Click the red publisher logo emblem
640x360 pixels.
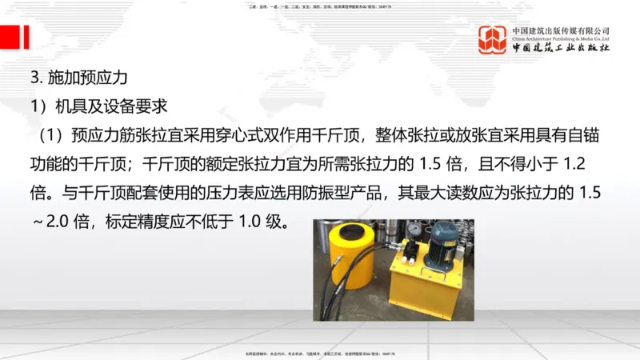[492, 39]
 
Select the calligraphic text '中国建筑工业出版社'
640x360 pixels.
[561, 48]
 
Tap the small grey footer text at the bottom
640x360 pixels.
[320, 353]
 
